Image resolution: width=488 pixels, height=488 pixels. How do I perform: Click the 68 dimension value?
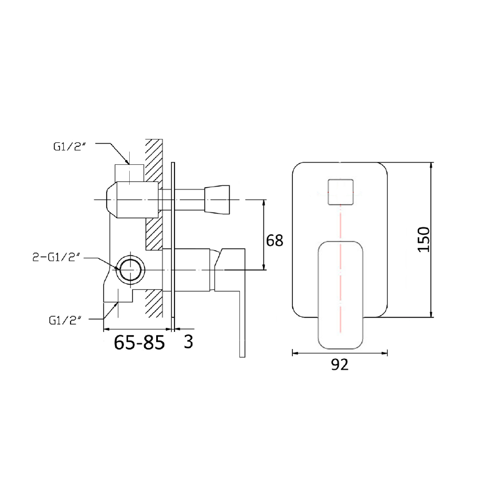click(x=275, y=240)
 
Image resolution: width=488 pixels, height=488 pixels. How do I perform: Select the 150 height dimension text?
click(x=423, y=239)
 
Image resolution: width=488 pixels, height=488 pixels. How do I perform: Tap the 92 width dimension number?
click(x=340, y=365)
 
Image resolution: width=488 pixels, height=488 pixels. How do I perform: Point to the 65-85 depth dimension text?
click(x=140, y=342)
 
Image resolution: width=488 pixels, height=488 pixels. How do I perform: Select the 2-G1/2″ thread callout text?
click(x=56, y=258)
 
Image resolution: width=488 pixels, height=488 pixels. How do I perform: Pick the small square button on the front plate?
click(x=340, y=192)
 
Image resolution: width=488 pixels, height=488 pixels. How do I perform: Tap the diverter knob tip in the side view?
click(x=219, y=199)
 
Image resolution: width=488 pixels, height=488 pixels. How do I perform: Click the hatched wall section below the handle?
click(x=153, y=301)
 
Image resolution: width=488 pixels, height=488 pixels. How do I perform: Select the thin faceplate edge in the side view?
click(x=173, y=241)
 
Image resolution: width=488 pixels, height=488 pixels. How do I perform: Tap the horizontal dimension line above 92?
click(x=340, y=353)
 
